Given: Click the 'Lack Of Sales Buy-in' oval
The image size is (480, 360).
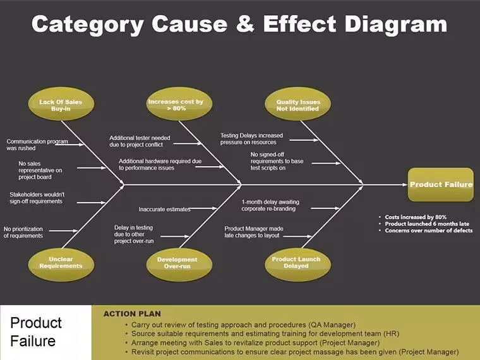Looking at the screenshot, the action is (x=61, y=104).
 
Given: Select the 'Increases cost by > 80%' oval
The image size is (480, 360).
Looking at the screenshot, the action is (x=179, y=104).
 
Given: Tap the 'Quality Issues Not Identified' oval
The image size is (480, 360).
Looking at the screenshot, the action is (x=298, y=104).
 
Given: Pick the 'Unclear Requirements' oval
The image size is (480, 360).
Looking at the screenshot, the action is (x=61, y=265).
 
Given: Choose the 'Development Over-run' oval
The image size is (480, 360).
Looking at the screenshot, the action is (x=179, y=265).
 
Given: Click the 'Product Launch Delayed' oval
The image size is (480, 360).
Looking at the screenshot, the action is (x=298, y=265).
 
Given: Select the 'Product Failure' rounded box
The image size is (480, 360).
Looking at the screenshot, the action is (x=441, y=184).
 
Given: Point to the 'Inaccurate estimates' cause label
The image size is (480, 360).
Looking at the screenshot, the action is (x=164, y=210).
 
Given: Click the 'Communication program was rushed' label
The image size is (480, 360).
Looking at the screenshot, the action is (x=37, y=145).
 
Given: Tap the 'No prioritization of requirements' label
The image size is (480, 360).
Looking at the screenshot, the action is (x=23, y=232).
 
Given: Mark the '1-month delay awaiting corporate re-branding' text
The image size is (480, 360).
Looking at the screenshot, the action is (x=270, y=205).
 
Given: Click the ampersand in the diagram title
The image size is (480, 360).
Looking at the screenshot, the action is (x=245, y=24).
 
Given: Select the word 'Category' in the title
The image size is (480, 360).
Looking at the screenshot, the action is (x=88, y=25).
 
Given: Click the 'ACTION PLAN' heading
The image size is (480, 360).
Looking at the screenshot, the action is (x=132, y=314).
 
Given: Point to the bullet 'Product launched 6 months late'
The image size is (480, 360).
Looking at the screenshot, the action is (x=427, y=224).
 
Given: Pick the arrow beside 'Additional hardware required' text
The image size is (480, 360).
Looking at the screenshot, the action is (x=210, y=167).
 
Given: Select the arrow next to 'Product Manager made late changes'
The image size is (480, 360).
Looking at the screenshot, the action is (x=297, y=236).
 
